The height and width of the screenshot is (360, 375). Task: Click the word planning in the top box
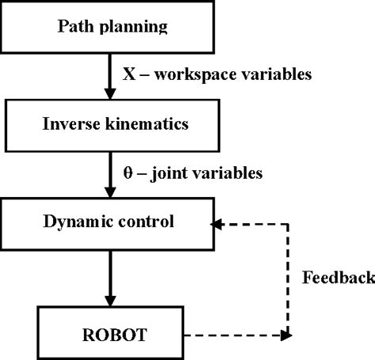[141, 27]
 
